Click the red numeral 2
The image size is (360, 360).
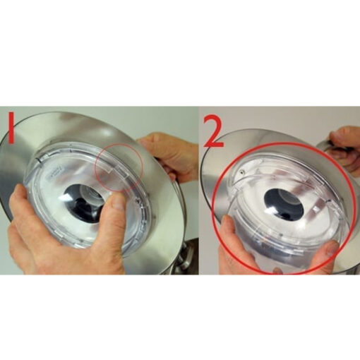tap(212, 132)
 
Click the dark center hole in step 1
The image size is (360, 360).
tap(83, 203)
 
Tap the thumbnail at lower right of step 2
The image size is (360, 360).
tap(330, 248)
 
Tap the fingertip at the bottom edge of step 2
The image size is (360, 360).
tap(277, 270)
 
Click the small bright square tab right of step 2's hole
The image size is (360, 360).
tap(316, 209)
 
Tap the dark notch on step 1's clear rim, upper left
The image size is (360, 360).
tap(37, 160)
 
